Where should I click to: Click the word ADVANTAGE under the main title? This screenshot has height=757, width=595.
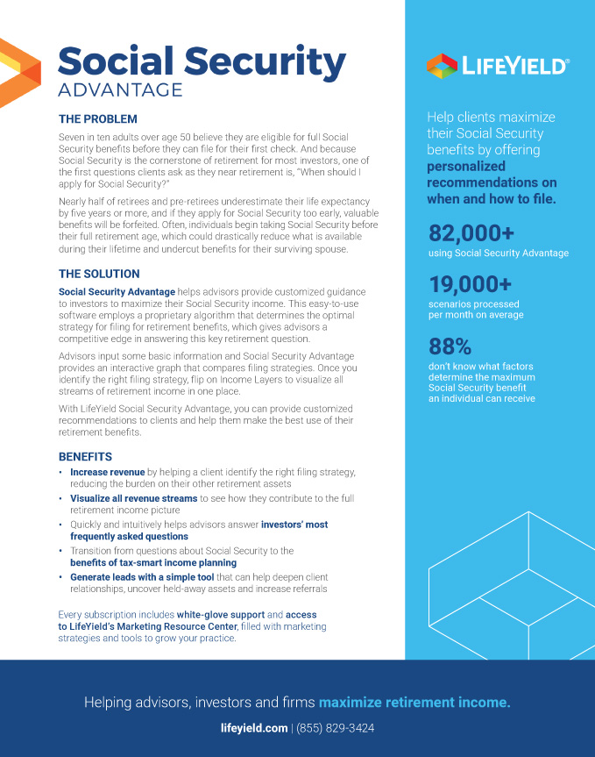[x=120, y=89]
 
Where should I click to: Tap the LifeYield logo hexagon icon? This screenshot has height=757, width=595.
[x=442, y=66]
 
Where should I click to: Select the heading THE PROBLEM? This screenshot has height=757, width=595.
[x=97, y=119]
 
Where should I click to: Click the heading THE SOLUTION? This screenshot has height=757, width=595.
[x=99, y=274]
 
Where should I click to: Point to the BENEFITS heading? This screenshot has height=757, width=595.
[x=85, y=457]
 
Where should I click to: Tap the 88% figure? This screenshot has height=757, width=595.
[x=450, y=345]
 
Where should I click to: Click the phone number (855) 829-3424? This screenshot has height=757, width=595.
[x=336, y=728]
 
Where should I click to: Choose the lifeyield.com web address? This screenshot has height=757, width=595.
[x=254, y=728]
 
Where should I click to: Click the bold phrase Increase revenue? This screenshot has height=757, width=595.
[x=108, y=472]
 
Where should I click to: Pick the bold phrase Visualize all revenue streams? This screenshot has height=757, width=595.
[x=133, y=498]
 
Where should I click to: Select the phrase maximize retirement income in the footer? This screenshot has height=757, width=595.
[x=414, y=703]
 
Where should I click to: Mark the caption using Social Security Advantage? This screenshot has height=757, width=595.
[x=498, y=254]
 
